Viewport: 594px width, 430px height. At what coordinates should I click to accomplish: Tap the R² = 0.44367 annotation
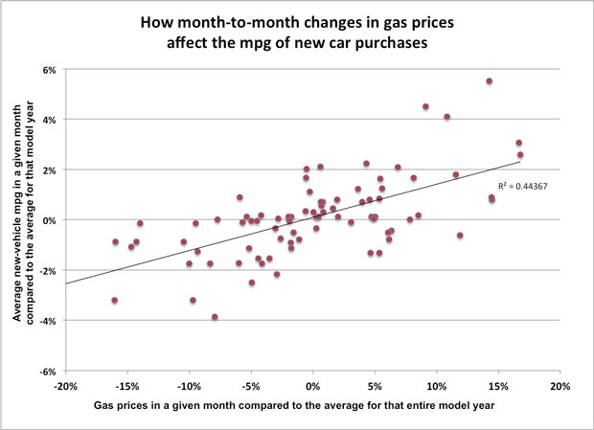click(x=521, y=186)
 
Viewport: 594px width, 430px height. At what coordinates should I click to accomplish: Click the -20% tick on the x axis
click(x=64, y=387)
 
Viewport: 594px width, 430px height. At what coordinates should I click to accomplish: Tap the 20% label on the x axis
click(x=560, y=387)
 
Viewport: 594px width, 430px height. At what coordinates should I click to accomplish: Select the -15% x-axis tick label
click(x=126, y=387)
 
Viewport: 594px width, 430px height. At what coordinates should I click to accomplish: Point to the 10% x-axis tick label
click(x=437, y=387)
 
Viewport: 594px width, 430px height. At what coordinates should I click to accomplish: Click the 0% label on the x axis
click(x=312, y=387)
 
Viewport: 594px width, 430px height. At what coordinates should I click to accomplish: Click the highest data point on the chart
click(x=489, y=81)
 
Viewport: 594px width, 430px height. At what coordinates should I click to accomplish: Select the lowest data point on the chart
click(x=215, y=317)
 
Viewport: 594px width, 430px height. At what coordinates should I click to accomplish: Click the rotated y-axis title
click(x=20, y=220)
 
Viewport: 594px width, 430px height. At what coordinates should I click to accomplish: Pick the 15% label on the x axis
click(x=498, y=387)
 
